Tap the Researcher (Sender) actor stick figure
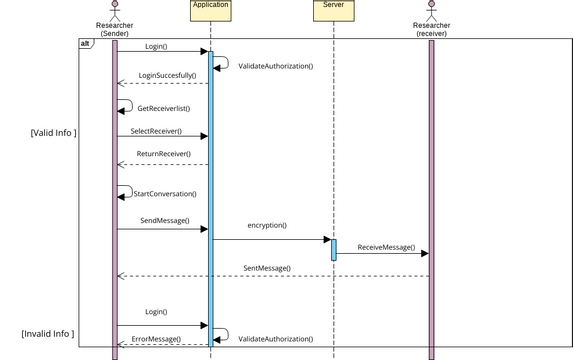tap(114, 8)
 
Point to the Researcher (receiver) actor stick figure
tap(431, 8)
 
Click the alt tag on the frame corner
tap(85, 44)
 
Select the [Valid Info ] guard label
tap(54, 132)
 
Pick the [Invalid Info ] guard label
tap(48, 333)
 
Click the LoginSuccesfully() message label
tap(166, 76)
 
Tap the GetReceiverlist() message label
tap(163, 108)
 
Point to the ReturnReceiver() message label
tap(164, 154)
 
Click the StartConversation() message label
tap(165, 194)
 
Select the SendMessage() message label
tap(164, 220)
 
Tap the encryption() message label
tap(267, 226)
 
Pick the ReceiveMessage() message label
tap(386, 247)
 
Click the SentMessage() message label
tap(267, 268)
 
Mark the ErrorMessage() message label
tap(156, 339)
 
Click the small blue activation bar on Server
tap(333, 249)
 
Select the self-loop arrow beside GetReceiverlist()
tap(125, 104)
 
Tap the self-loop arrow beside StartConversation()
tap(125, 190)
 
